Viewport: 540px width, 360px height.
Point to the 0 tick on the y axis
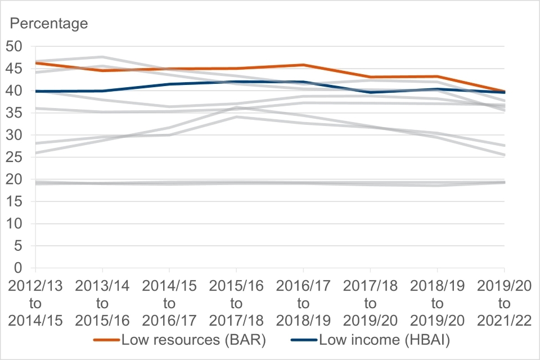[x=22, y=268]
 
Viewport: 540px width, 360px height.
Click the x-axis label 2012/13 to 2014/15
[x=35, y=304]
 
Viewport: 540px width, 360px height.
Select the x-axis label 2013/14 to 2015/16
[x=102, y=304]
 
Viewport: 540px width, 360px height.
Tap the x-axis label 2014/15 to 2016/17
[x=169, y=304]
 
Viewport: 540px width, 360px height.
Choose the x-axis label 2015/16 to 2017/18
[x=236, y=304]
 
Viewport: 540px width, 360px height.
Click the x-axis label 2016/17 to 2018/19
[x=303, y=304]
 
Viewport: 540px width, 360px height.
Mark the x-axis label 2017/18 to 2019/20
[x=370, y=304]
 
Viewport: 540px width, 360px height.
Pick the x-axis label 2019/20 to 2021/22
[x=504, y=304]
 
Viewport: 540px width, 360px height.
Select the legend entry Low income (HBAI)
[x=372, y=339]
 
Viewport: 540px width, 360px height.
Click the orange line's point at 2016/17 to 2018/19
[x=303, y=65]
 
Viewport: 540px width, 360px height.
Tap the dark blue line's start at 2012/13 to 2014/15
[x=36, y=91]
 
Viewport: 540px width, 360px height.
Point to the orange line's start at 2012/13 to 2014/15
[x=36, y=63]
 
